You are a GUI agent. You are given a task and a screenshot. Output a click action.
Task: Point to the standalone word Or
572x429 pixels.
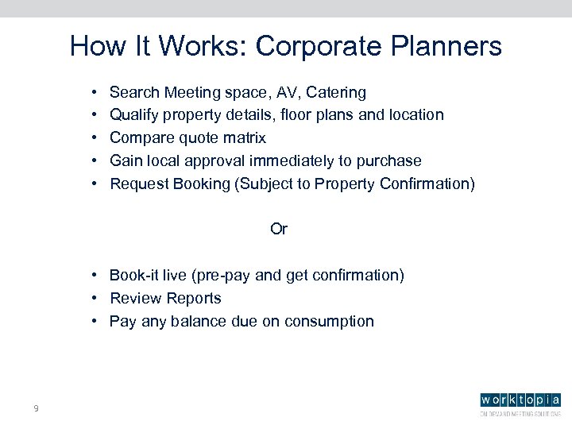click(279, 230)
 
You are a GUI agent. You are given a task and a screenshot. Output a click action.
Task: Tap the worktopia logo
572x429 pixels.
click(520, 402)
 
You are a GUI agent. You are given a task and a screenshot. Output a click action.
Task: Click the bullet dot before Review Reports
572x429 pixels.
click(94, 299)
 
